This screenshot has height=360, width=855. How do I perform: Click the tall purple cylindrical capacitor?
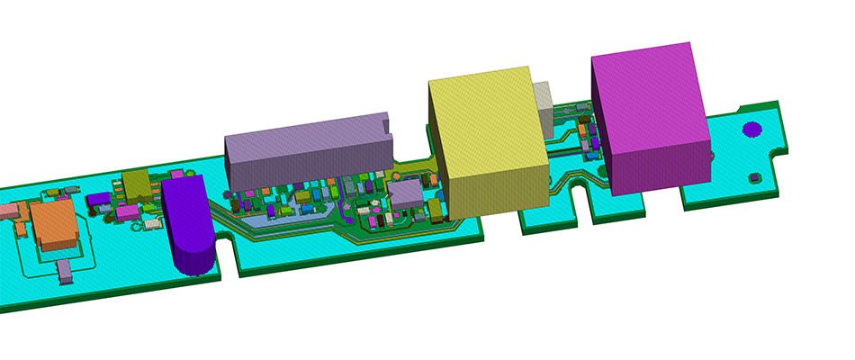(190, 229)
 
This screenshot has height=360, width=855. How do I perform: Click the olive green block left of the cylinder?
(138, 185)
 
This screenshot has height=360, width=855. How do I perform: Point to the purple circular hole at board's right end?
(750, 129)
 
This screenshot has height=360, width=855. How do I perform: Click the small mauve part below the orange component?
(64, 272)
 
